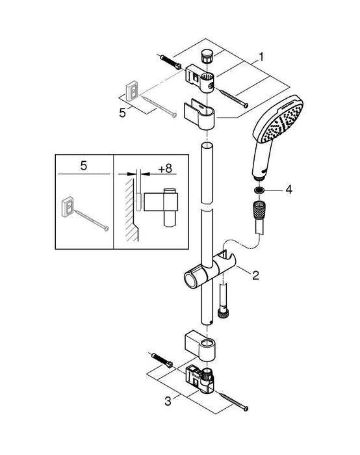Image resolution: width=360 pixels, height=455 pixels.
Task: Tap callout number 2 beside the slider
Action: tap(255, 275)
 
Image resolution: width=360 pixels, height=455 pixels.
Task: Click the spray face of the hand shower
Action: tap(277, 125)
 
